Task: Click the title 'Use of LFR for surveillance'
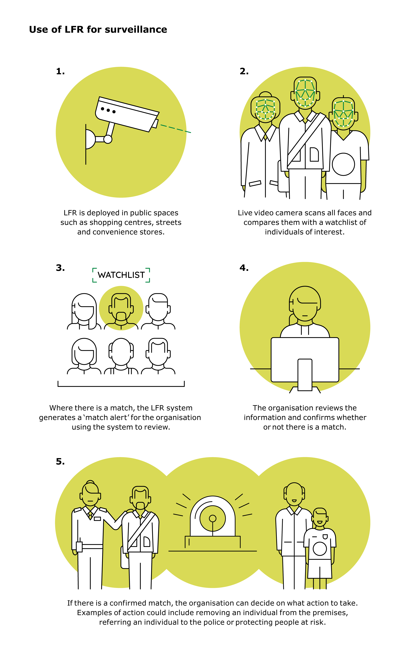[98, 30]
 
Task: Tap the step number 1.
[60, 72]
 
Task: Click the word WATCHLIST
[121, 275]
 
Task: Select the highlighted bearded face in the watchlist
[121, 308]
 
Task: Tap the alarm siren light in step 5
[213, 516]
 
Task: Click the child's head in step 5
[320, 518]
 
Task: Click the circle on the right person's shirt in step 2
[343, 164]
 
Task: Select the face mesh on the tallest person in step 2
[305, 93]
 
